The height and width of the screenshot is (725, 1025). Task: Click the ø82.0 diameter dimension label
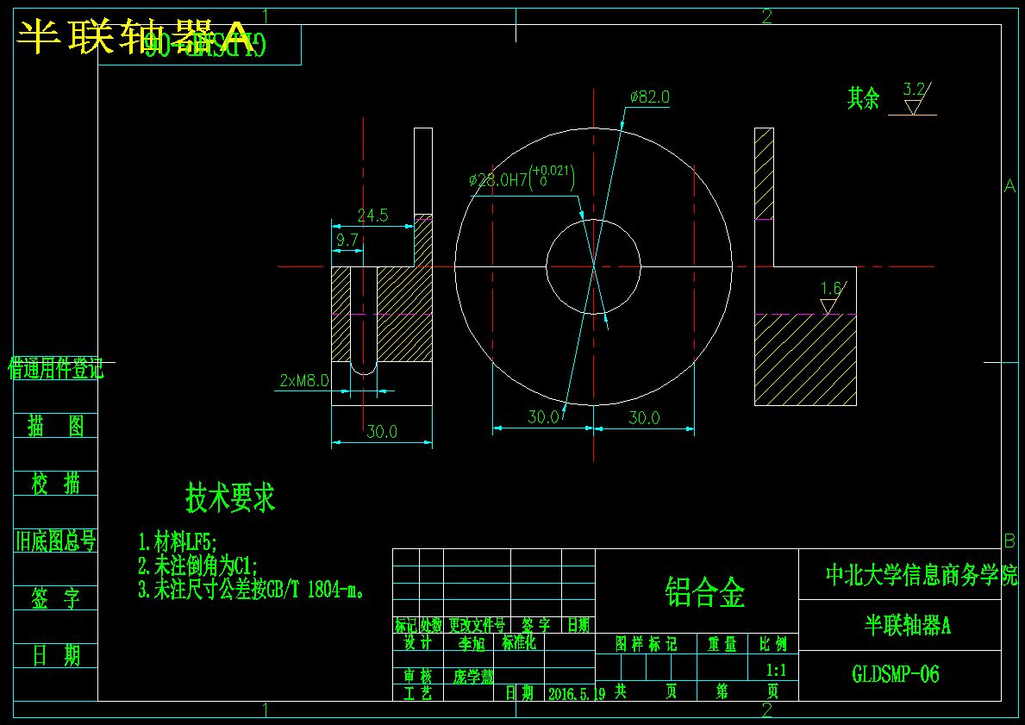(x=649, y=97)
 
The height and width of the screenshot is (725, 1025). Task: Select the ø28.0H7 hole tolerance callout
(x=521, y=179)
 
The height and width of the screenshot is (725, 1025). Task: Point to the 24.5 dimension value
(x=372, y=216)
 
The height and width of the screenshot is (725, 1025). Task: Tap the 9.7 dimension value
(x=347, y=241)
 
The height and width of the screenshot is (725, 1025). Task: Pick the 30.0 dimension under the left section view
(x=382, y=432)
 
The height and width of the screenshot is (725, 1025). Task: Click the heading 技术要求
(x=230, y=497)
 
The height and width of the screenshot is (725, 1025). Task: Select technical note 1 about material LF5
(x=178, y=542)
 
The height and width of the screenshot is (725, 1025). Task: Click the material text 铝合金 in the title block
(x=705, y=592)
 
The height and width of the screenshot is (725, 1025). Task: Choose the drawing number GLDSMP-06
(x=895, y=674)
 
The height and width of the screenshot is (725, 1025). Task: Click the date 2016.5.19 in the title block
(x=576, y=692)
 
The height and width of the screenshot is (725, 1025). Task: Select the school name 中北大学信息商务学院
(x=922, y=575)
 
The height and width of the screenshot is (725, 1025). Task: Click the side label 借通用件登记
(x=56, y=370)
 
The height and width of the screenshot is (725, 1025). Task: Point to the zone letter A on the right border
(x=1009, y=185)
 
